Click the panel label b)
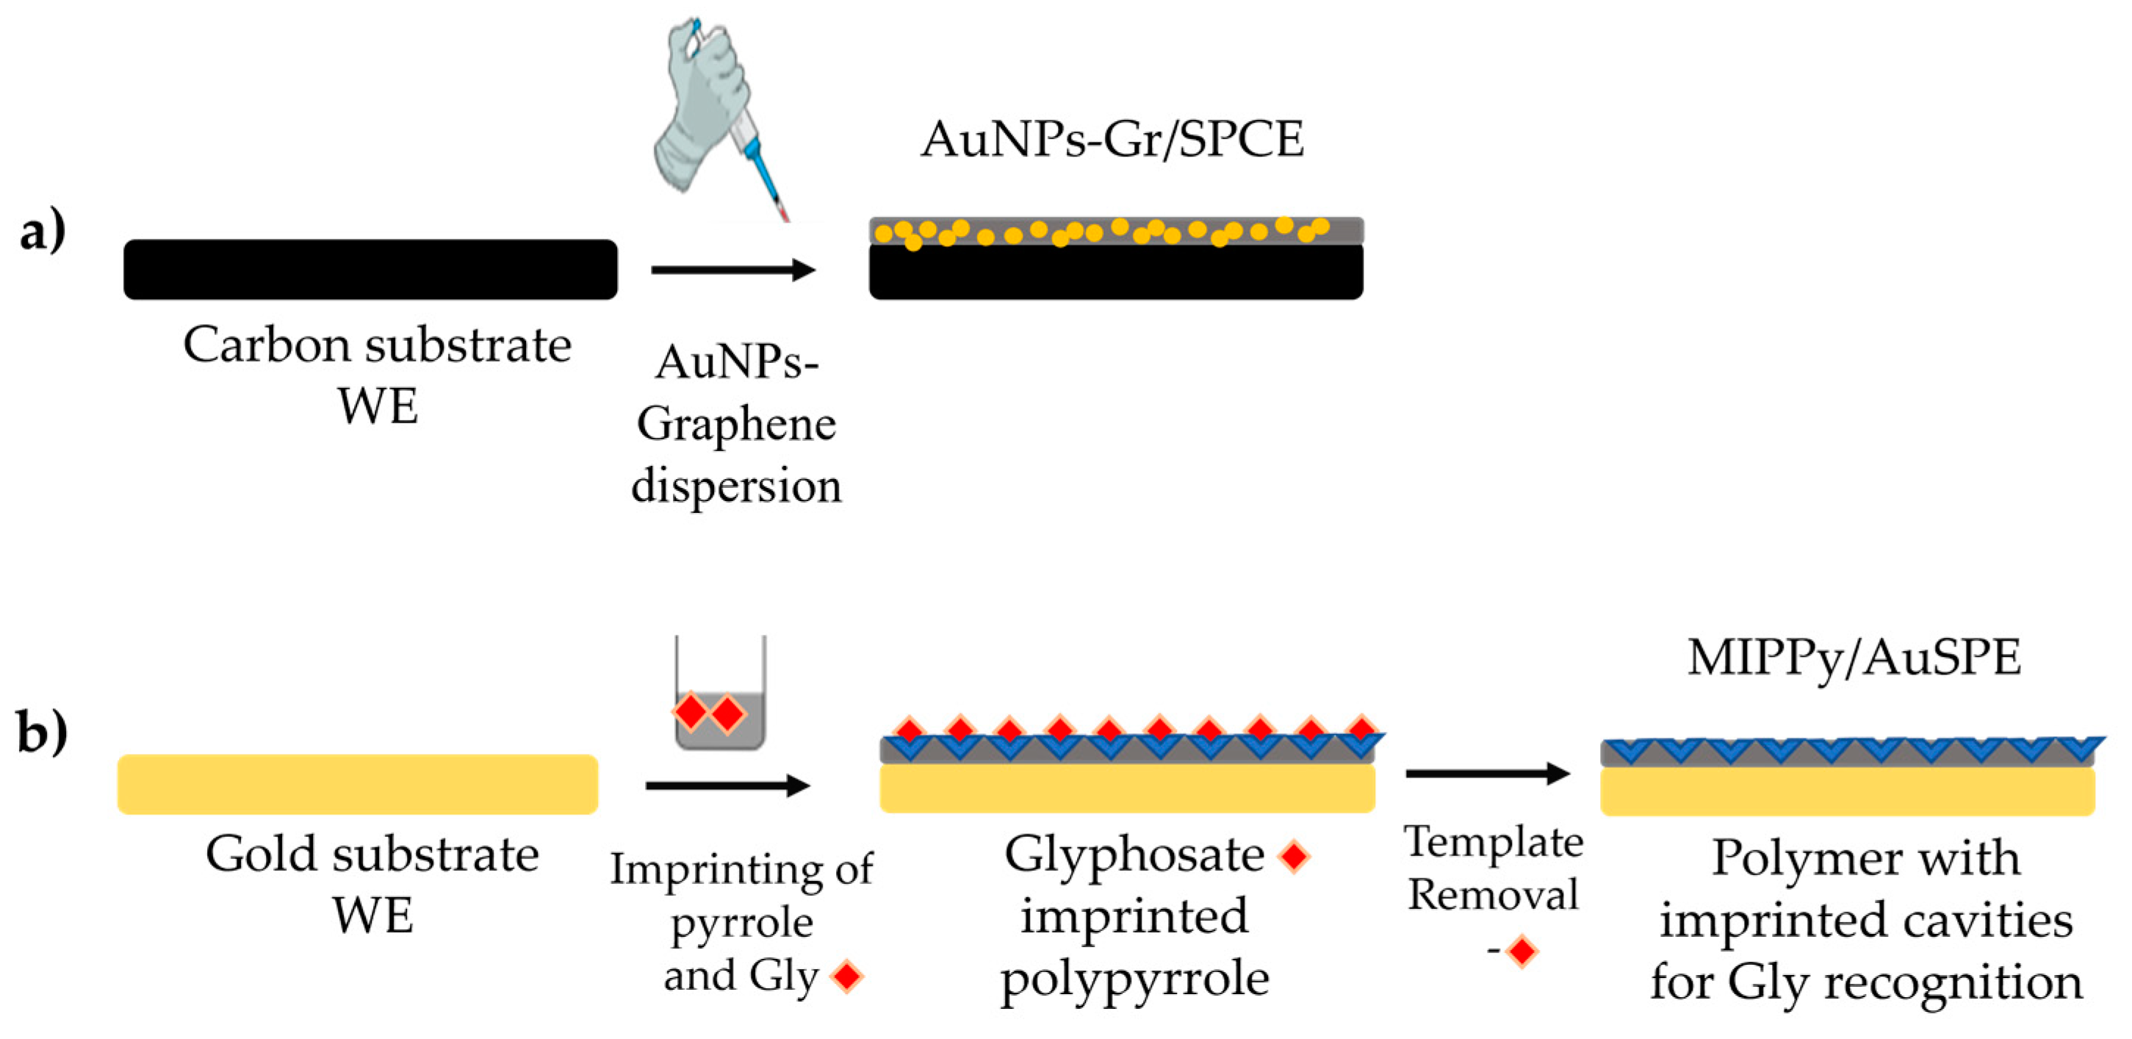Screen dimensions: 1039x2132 [42, 733]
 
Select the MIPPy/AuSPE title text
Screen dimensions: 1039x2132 [1854, 659]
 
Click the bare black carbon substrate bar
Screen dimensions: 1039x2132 [370, 270]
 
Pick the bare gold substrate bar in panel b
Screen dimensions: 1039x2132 [358, 784]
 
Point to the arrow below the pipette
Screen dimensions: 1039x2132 [733, 270]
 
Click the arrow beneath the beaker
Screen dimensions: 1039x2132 [727, 785]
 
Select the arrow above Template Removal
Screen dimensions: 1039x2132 [1487, 774]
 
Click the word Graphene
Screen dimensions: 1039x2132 [736, 425]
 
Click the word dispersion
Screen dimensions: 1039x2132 [736, 485]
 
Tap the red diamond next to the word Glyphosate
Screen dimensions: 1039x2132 [1294, 856]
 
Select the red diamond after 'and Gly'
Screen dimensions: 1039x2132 [848, 976]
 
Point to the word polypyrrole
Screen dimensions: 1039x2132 [1135, 980]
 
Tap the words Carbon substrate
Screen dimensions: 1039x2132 [377, 345]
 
